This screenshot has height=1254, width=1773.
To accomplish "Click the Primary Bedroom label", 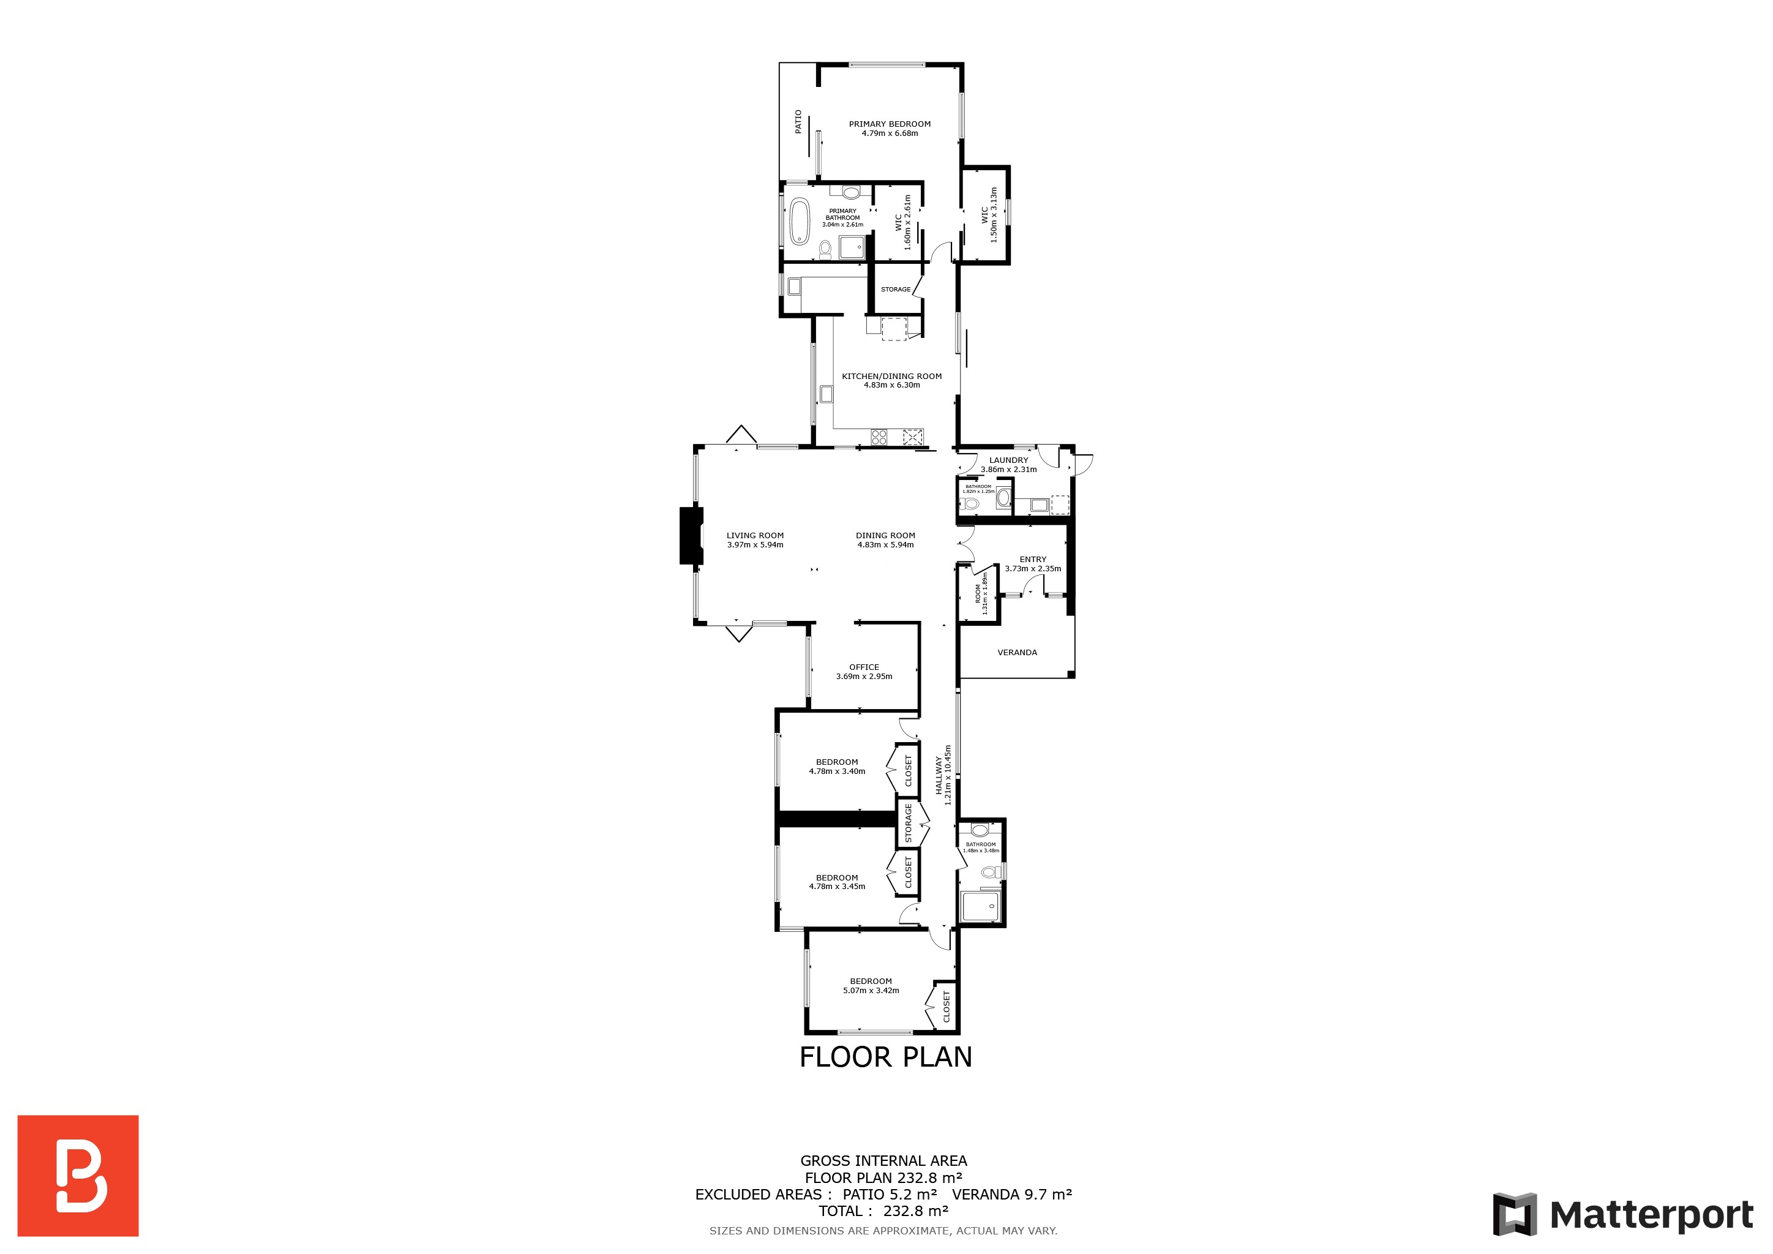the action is pyautogui.click(x=890, y=124).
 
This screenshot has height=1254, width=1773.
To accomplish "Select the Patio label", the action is pyautogui.click(x=798, y=122).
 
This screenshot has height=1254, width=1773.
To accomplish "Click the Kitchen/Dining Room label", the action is pyautogui.click(x=892, y=376).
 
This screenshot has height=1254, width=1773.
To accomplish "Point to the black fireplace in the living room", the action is pyautogui.click(x=691, y=535).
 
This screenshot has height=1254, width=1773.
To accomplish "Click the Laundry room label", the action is pyautogui.click(x=1008, y=460).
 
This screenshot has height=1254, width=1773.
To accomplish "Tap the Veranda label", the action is pyautogui.click(x=1017, y=653).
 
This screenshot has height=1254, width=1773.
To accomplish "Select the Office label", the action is pyautogui.click(x=864, y=667).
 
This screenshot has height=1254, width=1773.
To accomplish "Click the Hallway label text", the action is pyautogui.click(x=939, y=775).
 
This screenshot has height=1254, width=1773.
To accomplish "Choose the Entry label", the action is pyautogui.click(x=1033, y=559).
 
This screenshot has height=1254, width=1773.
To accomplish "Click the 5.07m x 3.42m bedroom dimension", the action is pyautogui.click(x=871, y=990).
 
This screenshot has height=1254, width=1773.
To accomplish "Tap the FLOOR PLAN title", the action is pyautogui.click(x=886, y=1057).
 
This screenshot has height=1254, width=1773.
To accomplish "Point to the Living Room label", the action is pyautogui.click(x=755, y=535).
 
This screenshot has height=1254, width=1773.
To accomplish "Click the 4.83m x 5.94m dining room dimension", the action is pyautogui.click(x=886, y=544).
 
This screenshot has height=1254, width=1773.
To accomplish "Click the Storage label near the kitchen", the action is pyautogui.click(x=896, y=290).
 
